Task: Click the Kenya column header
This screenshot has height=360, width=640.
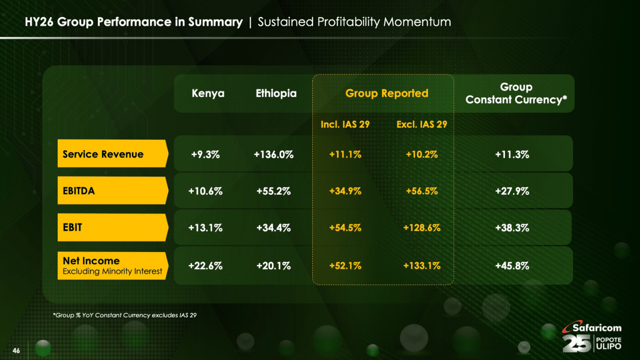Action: pos(208,93)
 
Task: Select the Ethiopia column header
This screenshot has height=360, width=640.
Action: pos(276,93)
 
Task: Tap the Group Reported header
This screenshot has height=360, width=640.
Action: pos(386,93)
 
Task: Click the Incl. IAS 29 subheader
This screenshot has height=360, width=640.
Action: pos(345,124)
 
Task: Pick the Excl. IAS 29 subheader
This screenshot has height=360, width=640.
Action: pos(421,124)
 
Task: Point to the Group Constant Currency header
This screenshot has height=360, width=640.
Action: pos(516,93)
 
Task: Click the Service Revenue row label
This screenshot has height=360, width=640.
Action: pos(111,154)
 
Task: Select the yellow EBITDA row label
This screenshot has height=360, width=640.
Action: pos(111,190)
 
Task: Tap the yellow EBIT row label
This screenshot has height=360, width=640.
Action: pos(111,227)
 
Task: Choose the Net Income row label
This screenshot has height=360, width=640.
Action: pos(111,265)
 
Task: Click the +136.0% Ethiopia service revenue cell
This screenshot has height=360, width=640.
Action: pos(273,154)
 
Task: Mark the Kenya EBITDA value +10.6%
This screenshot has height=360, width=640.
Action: pos(205,191)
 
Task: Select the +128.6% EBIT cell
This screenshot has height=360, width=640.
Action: pos(421,228)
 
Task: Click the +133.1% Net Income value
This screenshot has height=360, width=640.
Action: pos(421,266)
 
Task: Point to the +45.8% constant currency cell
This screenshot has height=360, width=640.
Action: pos(512,266)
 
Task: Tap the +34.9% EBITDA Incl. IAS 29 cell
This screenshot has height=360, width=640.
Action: pos(345,191)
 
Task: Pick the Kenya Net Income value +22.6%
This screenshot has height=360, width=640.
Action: pos(205,266)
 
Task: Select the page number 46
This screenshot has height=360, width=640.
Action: pos(16,351)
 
